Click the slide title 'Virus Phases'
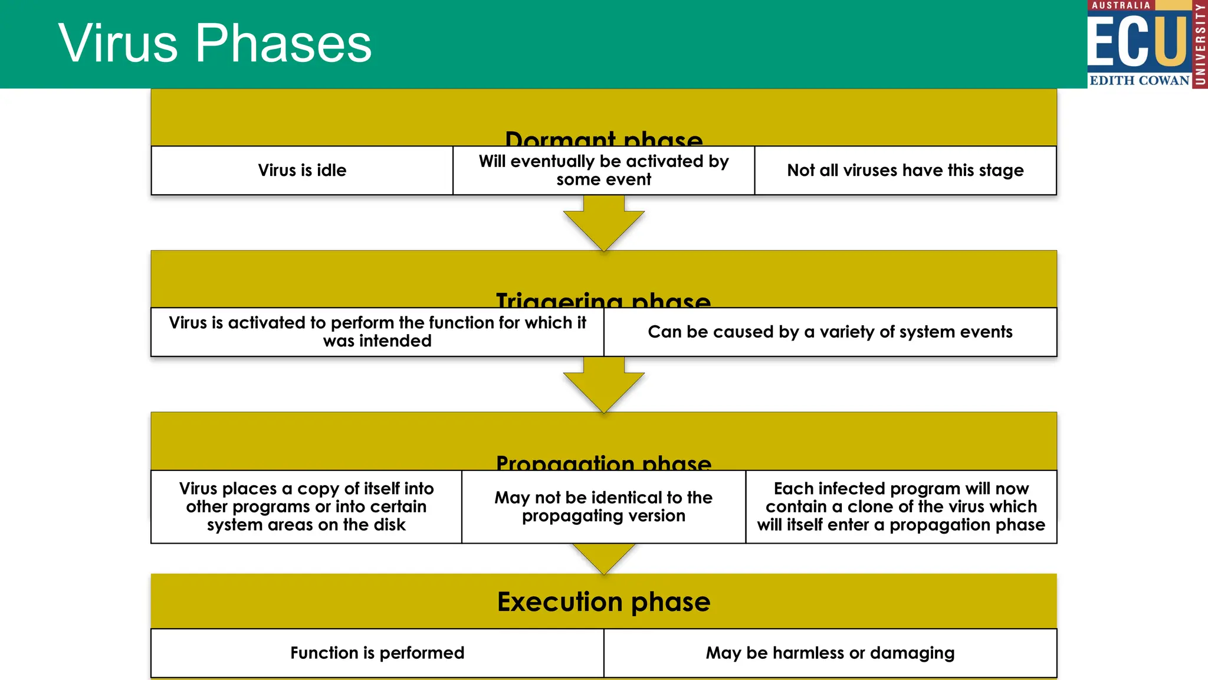coord(215,43)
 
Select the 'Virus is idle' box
coord(302,171)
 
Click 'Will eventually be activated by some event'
coord(603,171)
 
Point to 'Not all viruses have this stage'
coord(905,171)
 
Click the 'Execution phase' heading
coord(603,602)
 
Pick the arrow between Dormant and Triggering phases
coord(603,224)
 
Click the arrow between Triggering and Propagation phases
coord(603,386)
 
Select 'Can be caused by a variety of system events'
coord(830,332)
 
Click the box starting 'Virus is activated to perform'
coord(377,332)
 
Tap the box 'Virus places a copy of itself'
coord(306,506)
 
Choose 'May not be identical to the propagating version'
coord(603,506)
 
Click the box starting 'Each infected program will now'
coord(901,506)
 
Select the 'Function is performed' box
coord(377,653)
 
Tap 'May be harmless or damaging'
coord(830,653)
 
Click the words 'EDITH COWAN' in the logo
coord(1139,80)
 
